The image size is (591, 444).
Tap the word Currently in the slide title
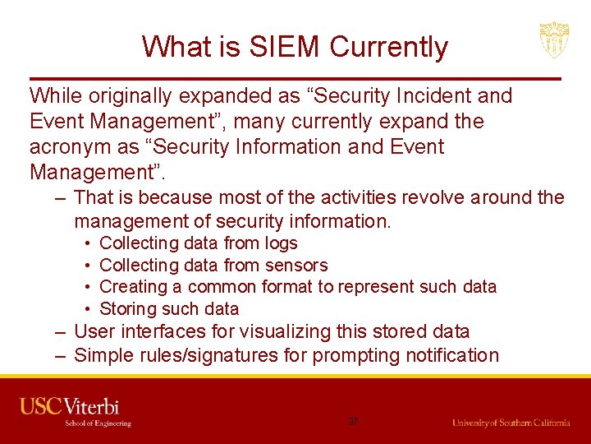click(389, 47)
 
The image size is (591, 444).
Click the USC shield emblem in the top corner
click(553, 39)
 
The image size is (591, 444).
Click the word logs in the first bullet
click(282, 243)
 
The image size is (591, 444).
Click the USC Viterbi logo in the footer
click(70, 406)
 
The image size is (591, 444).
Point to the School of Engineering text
click(98, 423)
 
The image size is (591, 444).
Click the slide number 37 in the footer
click(353, 422)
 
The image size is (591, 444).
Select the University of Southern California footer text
click(511, 423)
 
